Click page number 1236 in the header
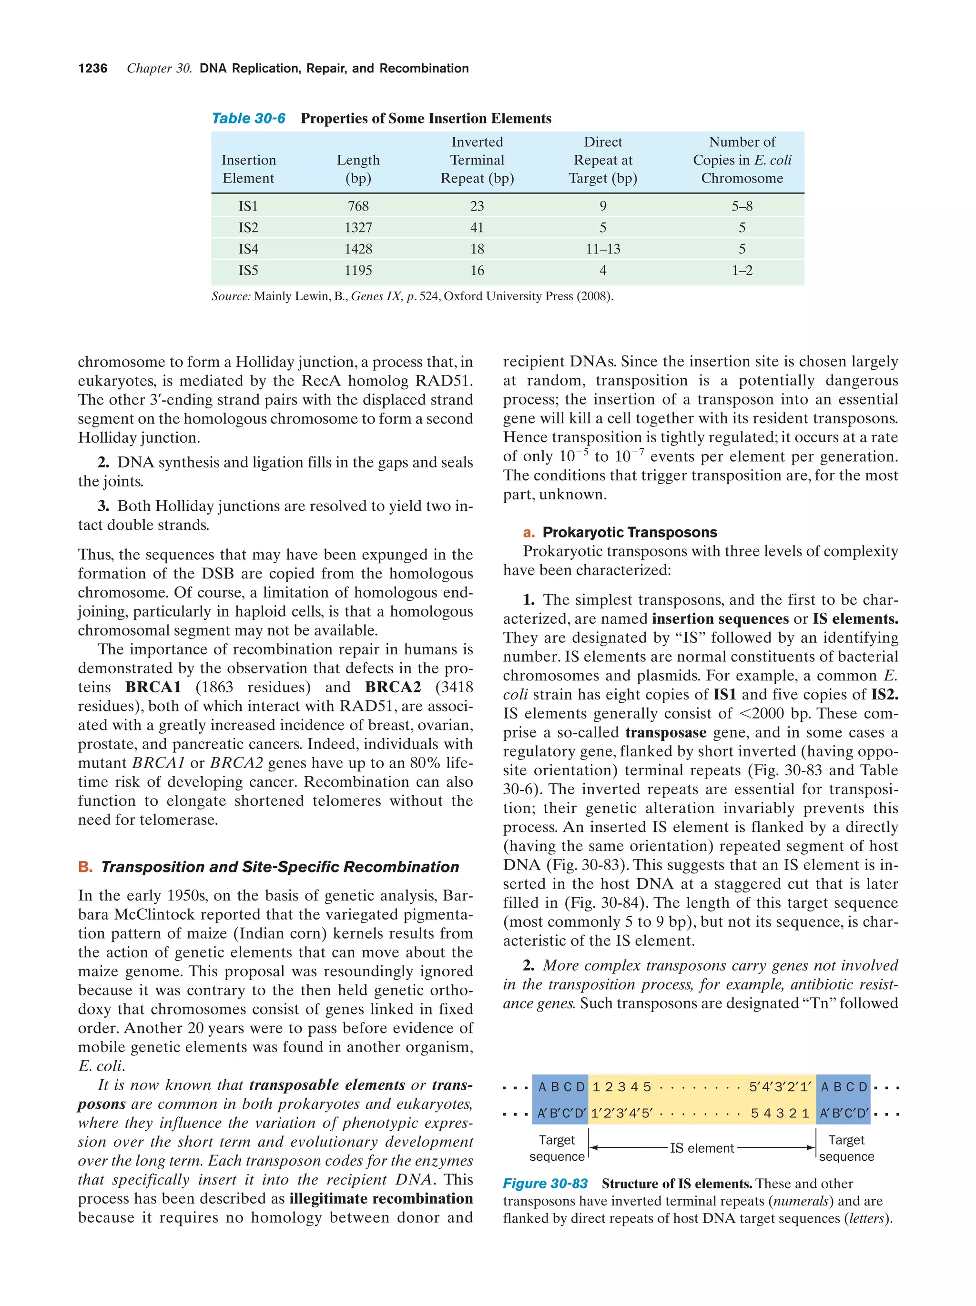[x=93, y=69]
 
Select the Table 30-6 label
[x=248, y=119]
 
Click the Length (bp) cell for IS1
[x=358, y=206]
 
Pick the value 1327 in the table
[x=358, y=227]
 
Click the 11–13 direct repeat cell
[x=602, y=249]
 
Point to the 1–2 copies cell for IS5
[x=742, y=271]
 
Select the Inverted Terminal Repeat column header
[x=477, y=160]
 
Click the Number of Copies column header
[x=742, y=160]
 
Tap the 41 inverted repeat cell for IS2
[x=477, y=227]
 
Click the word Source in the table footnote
[x=231, y=296]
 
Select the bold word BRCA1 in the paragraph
[x=153, y=687]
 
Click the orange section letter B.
[x=85, y=867]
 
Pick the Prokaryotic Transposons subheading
[x=630, y=533]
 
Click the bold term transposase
[x=665, y=733]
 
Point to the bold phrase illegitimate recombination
[x=381, y=1198]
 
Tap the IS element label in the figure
[x=701, y=1148]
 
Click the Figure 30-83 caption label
[x=545, y=1184]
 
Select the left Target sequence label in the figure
[x=556, y=1148]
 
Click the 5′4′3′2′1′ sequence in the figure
[x=779, y=1087]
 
